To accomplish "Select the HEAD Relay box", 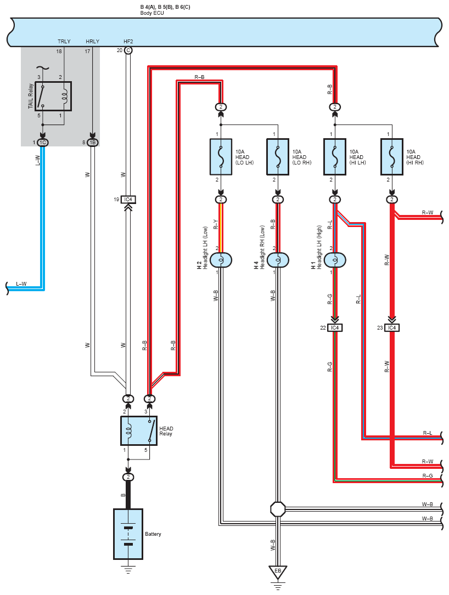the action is (x=139, y=430).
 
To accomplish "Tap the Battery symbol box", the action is (x=128, y=534).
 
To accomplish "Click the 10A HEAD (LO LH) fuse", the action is (x=221, y=157).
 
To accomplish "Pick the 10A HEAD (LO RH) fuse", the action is (x=278, y=157).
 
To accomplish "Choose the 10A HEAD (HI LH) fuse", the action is (x=335, y=157).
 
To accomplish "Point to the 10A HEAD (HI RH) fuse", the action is (x=392, y=157).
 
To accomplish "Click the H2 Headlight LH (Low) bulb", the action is (x=221, y=260).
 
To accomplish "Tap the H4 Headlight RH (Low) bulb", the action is (x=278, y=260).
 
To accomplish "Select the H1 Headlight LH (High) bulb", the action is (x=335, y=260).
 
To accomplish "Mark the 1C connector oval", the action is (x=43, y=142).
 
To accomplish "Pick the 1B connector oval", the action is (x=92, y=142).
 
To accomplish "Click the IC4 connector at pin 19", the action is (x=128, y=199).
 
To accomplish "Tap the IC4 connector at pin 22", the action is (x=335, y=327).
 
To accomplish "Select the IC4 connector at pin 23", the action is (x=392, y=327).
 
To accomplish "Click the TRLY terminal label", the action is (x=64, y=41).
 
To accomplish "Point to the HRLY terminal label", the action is (x=92, y=41).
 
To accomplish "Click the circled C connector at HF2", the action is (x=128, y=50).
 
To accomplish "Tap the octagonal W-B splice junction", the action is (x=278, y=509).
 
